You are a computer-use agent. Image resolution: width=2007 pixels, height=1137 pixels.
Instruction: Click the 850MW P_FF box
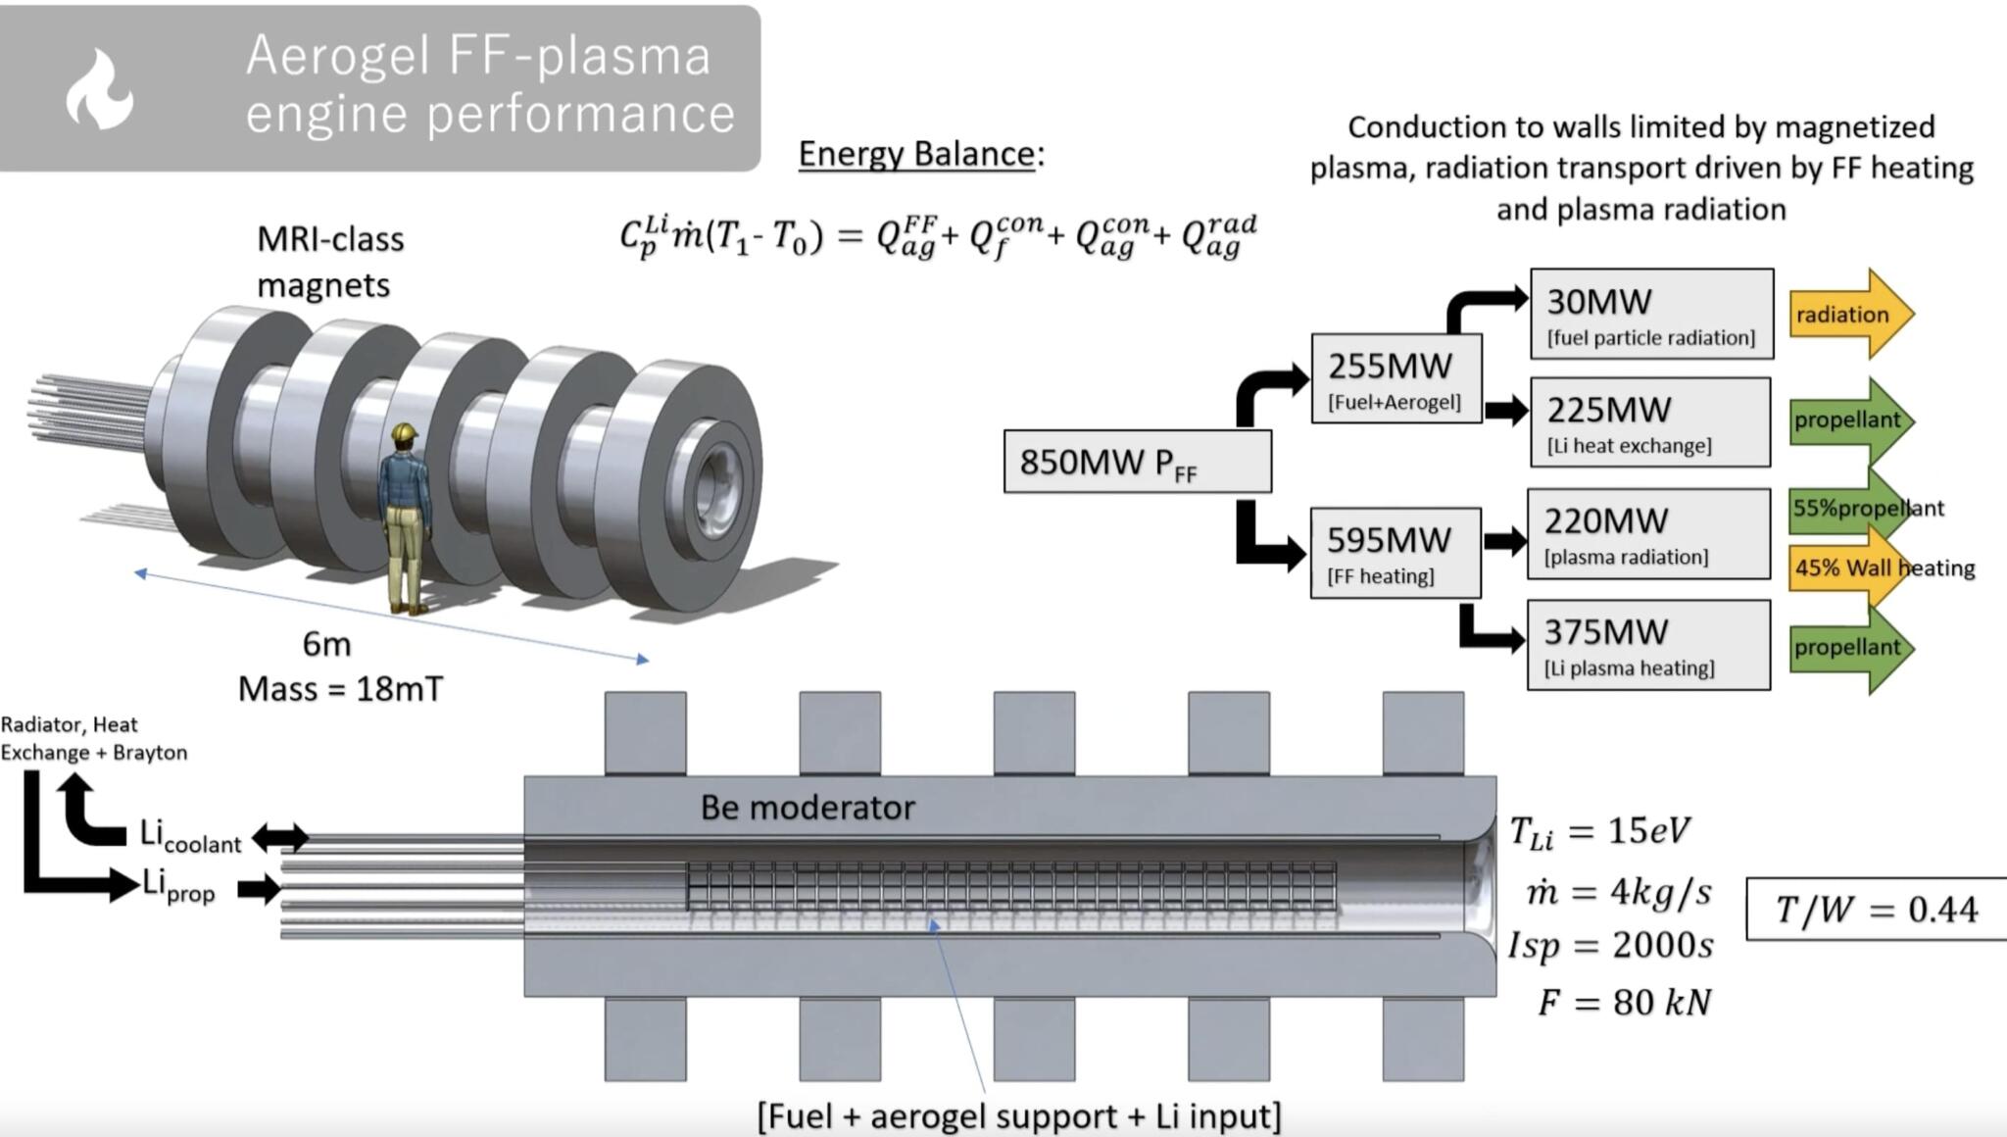[x=1137, y=462]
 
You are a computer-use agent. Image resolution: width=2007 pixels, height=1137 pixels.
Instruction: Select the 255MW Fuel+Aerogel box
[x=1395, y=379]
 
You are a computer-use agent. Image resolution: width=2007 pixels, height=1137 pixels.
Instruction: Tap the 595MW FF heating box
[x=1395, y=553]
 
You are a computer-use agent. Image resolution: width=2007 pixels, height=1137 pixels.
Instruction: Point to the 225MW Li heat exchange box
[x=1649, y=422]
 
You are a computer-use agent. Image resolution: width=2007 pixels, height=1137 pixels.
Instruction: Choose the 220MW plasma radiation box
[x=1648, y=534]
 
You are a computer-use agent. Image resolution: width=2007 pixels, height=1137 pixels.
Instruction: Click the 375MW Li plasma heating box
[x=1648, y=645]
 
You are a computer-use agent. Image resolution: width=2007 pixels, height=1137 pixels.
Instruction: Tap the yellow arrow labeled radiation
[x=1848, y=315]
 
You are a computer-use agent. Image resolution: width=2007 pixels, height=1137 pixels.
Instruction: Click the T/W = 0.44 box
[x=1876, y=910]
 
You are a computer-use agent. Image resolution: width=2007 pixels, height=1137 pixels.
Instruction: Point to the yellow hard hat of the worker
[x=404, y=432]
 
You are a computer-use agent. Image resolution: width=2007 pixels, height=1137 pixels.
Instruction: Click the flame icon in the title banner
[x=99, y=90]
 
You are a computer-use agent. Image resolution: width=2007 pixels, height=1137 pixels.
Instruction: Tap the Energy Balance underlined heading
[x=920, y=154]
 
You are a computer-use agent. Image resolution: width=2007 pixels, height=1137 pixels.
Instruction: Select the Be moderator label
[x=808, y=808]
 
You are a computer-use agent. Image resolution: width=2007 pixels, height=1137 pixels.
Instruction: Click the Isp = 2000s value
[x=1611, y=945]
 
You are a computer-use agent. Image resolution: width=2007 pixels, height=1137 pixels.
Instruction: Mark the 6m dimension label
[x=326, y=644]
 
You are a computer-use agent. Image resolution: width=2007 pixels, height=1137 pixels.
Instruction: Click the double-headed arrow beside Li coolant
[x=280, y=838]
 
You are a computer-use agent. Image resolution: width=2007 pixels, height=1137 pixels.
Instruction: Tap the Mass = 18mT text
[x=340, y=689]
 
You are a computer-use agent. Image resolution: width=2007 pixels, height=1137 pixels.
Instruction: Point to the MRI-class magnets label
[x=329, y=262]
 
